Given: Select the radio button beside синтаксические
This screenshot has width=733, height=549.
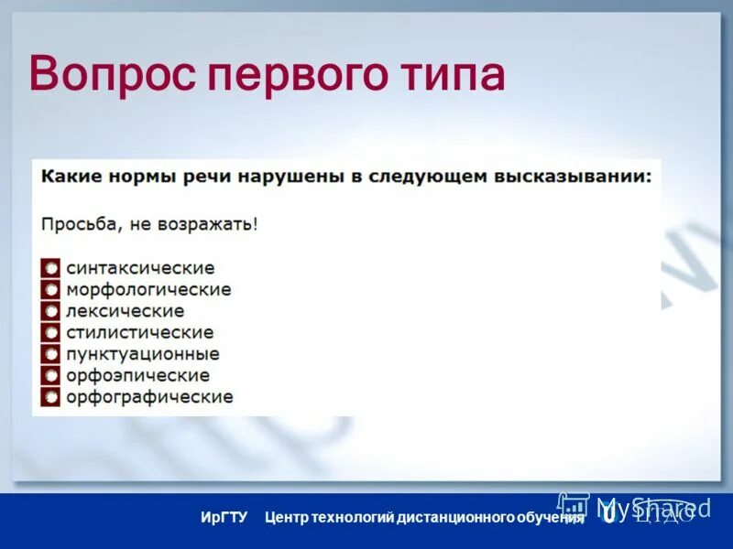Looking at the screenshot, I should pyautogui.click(x=50, y=268).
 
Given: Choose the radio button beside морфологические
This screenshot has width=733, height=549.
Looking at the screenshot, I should pyautogui.click(x=50, y=290).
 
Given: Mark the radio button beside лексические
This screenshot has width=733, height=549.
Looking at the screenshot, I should pyautogui.click(x=50, y=311).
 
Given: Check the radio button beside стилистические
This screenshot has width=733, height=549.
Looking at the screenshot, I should pyautogui.click(x=50, y=332).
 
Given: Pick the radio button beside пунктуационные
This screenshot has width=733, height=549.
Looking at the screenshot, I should pyautogui.click(x=50, y=354).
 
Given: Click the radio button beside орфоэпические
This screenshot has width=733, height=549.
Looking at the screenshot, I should pyautogui.click(x=50, y=375).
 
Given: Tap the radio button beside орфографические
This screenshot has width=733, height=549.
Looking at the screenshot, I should pyautogui.click(x=50, y=397).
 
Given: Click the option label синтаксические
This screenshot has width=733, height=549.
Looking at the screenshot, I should pyautogui.click(x=140, y=268).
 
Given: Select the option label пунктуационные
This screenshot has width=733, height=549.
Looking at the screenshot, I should pyautogui.click(x=142, y=354).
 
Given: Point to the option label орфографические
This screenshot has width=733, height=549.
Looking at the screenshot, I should pyautogui.click(x=149, y=397).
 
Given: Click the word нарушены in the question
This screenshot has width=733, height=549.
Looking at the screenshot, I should pyautogui.click(x=290, y=176).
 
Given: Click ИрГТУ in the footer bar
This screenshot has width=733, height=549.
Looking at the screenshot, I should pyautogui.click(x=224, y=518).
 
